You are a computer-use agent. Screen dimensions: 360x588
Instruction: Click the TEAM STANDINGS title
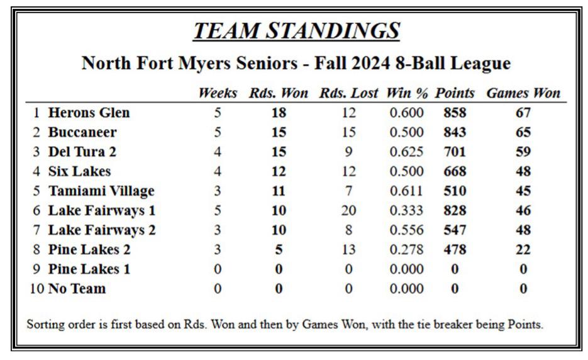point(296,30)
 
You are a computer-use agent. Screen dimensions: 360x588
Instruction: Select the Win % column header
point(408,93)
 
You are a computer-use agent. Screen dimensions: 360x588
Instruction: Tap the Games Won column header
point(523,93)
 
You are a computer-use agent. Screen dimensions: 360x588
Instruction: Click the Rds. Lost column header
point(349,93)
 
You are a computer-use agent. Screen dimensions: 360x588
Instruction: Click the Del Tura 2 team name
point(82,152)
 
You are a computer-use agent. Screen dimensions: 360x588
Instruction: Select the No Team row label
point(77,289)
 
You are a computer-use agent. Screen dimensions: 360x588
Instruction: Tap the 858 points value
point(455,113)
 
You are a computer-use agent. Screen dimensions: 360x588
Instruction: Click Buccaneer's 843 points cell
point(455,133)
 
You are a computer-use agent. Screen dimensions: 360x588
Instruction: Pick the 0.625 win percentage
point(406,152)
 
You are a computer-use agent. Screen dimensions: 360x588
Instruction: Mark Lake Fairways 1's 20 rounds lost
point(348,211)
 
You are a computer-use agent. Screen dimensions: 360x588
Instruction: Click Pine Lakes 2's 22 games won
point(523,250)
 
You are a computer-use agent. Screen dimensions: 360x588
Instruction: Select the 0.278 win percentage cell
point(406,250)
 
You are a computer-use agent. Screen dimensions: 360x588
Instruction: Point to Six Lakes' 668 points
point(455,172)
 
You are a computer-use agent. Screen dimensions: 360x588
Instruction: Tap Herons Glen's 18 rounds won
point(279,113)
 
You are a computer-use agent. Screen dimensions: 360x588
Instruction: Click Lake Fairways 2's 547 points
point(455,230)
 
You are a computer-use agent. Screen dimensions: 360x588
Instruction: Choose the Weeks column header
point(218,93)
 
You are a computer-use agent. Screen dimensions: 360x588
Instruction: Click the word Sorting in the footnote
point(43,326)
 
